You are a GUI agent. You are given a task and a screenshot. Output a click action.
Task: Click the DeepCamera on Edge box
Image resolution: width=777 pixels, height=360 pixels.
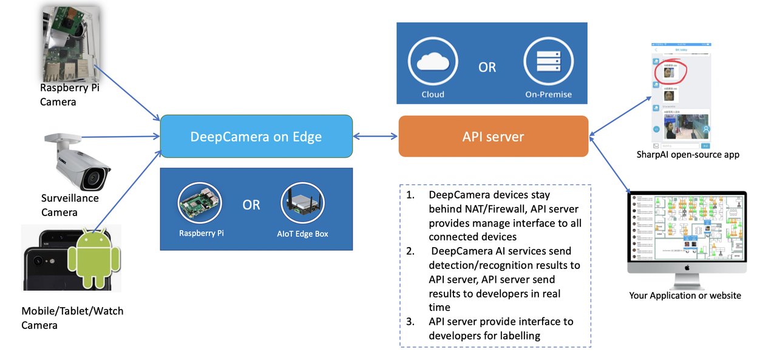click(x=256, y=137)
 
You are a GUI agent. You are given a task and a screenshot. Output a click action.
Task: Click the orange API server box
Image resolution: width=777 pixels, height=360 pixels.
click(x=493, y=137)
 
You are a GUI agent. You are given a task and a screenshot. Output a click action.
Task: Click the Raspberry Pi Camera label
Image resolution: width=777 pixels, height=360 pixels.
click(x=69, y=95)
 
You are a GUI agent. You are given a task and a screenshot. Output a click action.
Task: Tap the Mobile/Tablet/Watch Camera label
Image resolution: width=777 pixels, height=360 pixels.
click(x=72, y=318)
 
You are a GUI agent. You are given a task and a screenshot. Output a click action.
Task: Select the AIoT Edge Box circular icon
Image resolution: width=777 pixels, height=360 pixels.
click(x=303, y=205)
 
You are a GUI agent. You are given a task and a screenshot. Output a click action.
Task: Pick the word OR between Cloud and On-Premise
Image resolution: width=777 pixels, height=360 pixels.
click(x=487, y=67)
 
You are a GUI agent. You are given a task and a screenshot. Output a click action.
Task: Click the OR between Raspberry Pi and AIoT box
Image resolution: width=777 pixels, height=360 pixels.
click(x=251, y=205)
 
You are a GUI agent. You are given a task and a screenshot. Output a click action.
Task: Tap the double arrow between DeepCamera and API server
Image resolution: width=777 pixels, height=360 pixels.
click(x=375, y=137)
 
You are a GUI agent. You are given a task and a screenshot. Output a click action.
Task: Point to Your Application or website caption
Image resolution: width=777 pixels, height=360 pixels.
click(x=685, y=296)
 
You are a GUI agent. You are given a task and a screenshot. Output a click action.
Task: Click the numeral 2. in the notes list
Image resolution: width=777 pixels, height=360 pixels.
click(x=411, y=251)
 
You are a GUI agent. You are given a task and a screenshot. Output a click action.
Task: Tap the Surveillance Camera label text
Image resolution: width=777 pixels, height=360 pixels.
click(x=69, y=205)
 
